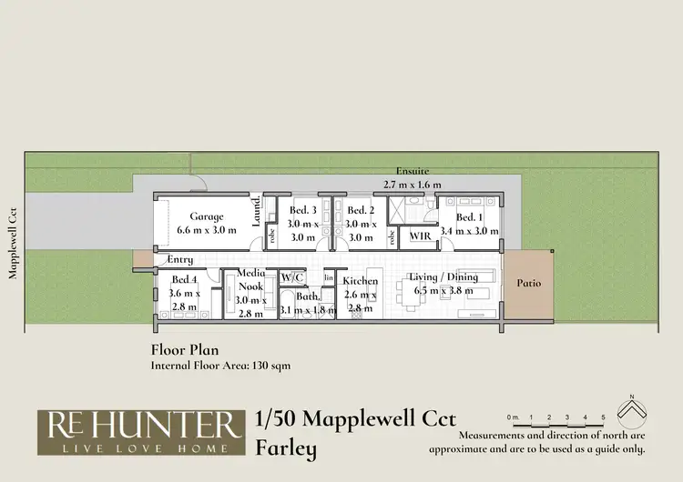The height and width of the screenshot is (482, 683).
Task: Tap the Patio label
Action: coord(528,283)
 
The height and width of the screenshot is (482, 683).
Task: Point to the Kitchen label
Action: coord(361,281)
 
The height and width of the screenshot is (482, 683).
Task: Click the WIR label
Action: coord(420,236)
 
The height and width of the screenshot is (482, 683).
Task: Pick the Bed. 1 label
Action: coord(470,217)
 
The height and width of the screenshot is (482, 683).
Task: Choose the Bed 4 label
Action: coord(184,280)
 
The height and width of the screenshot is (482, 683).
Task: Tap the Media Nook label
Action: coord(250,279)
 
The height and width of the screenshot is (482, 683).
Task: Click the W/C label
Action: coord(291,276)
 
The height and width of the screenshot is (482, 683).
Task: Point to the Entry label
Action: coord(180,260)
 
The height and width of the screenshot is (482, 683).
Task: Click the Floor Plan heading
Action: coord(184,348)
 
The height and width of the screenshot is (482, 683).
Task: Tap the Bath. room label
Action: coord(307,296)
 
